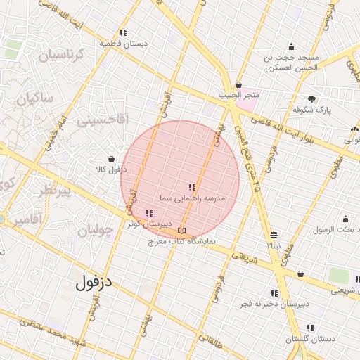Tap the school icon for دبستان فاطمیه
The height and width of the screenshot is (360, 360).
pyautogui.click(x=124, y=32)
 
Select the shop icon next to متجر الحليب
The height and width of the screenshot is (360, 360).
pyautogui.click(x=239, y=84)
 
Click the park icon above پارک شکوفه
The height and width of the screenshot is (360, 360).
pyautogui.click(x=312, y=99)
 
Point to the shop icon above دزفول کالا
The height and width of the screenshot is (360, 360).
pyautogui.click(x=112, y=159)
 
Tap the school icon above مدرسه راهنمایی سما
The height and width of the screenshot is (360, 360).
pyautogui.click(x=192, y=187)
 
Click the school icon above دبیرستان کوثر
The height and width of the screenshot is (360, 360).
pyautogui.click(x=148, y=213)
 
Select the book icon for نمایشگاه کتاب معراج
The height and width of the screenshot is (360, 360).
pyautogui.click(x=183, y=231)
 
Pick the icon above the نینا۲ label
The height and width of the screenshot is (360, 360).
pyautogui.click(x=274, y=235)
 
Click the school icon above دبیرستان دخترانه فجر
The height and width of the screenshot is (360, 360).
pyautogui.click(x=274, y=293)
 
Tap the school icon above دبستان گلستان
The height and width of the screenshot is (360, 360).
pyautogui.click(x=310, y=328)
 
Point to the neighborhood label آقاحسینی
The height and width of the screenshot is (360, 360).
pyautogui.click(x=103, y=120)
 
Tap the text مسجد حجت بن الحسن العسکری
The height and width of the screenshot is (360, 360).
pyautogui.click(x=290, y=62)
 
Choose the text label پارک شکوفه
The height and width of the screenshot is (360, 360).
pyautogui.click(x=313, y=110)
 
